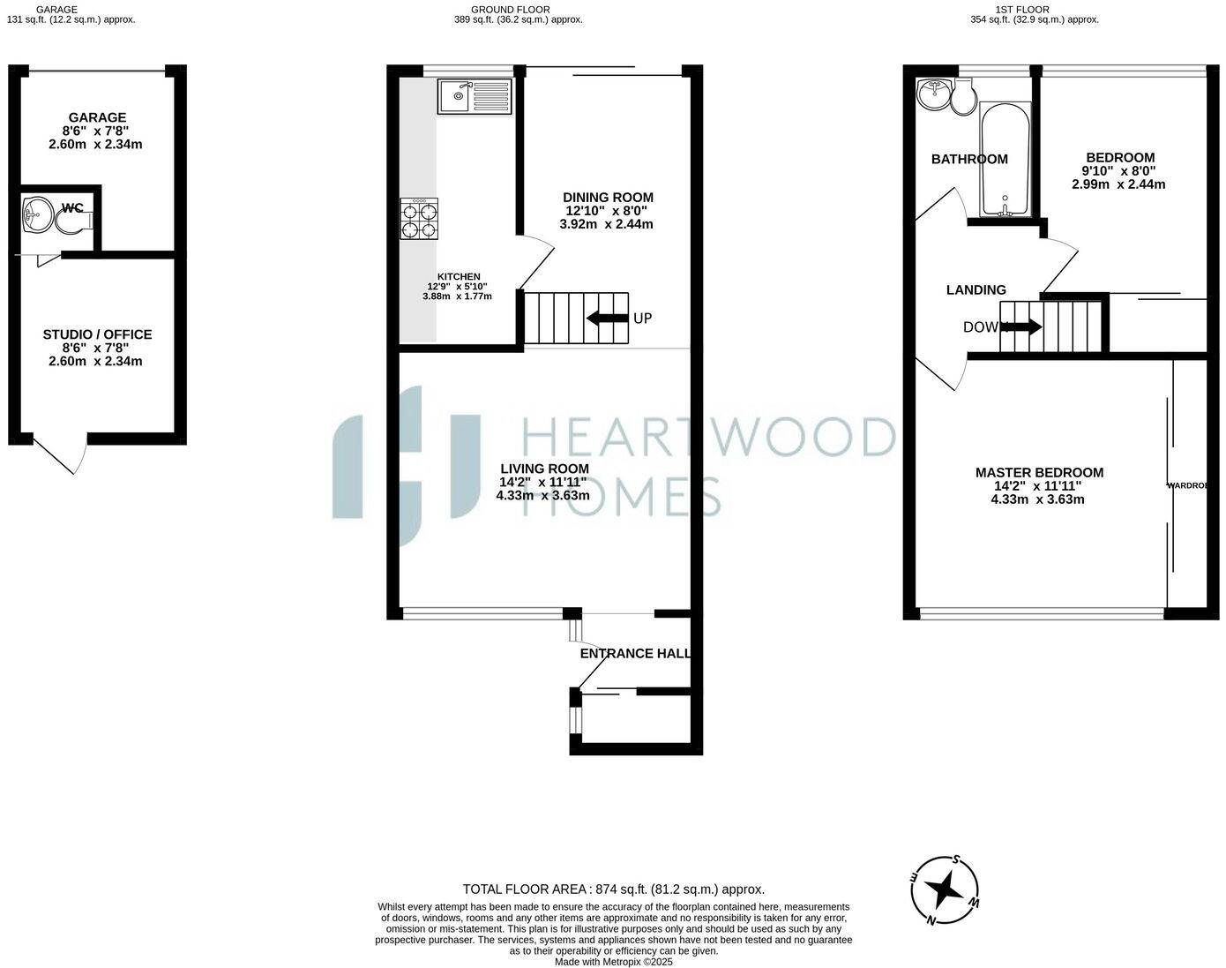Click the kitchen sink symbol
[x=474, y=95]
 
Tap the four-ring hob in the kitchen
[x=419, y=219]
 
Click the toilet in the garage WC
[x=71, y=221]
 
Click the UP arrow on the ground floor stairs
[x=607, y=318]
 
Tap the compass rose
[x=945, y=889]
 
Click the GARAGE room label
[x=97, y=117]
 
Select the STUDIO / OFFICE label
[x=97, y=334]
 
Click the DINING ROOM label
[x=608, y=198]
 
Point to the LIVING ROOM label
[x=544, y=469]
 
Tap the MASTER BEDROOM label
[x=1039, y=473]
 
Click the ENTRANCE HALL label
[x=634, y=654]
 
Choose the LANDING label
[x=976, y=289]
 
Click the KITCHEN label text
[x=459, y=276]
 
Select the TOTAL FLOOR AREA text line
[x=613, y=889]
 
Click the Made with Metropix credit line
[x=613, y=962]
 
